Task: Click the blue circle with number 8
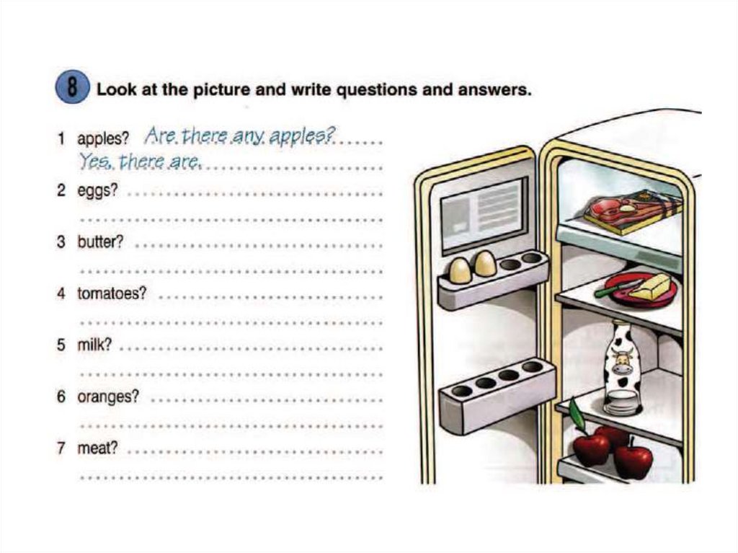(72, 88)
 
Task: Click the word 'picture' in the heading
(221, 89)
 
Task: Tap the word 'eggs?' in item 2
(97, 191)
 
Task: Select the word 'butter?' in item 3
(100, 242)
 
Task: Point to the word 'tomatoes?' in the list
(112, 293)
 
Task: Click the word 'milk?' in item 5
(94, 345)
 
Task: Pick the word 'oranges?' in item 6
(108, 397)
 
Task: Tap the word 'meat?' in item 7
(97, 448)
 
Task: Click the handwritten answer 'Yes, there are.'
(141, 162)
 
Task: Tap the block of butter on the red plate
(651, 287)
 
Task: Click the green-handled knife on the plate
(618, 288)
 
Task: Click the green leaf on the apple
(577, 413)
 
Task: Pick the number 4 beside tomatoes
(61, 293)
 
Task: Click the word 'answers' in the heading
(494, 89)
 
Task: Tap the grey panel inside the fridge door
(484, 215)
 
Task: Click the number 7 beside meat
(61, 448)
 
